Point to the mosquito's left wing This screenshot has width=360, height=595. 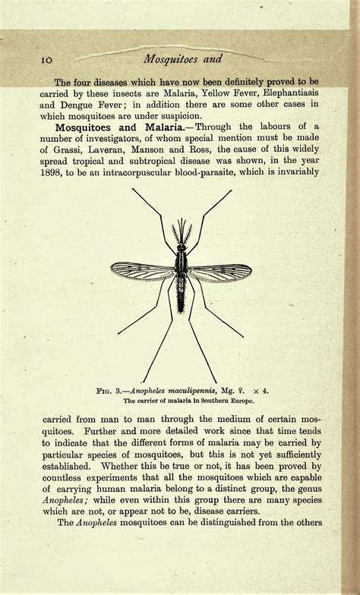click(143, 270)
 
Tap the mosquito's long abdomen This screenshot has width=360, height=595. click(181, 292)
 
